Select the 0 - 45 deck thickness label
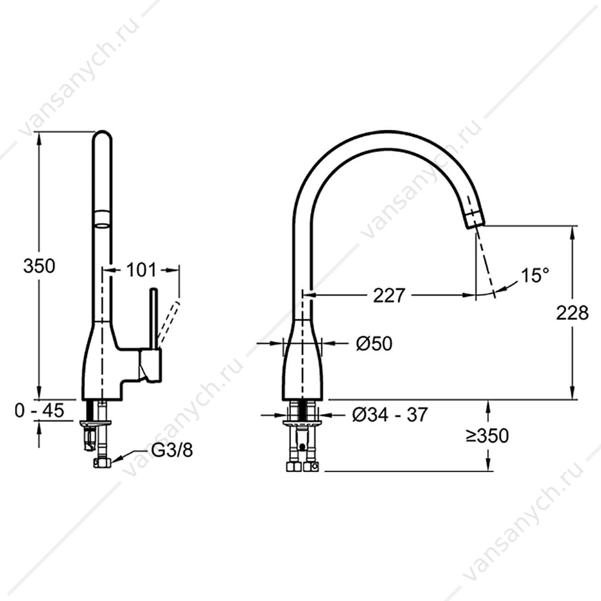(40, 410)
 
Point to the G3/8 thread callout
(172, 450)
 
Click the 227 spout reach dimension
(389, 295)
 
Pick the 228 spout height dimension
(572, 313)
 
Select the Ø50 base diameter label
(374, 344)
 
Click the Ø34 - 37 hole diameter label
(390, 414)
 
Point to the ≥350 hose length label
(487, 436)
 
